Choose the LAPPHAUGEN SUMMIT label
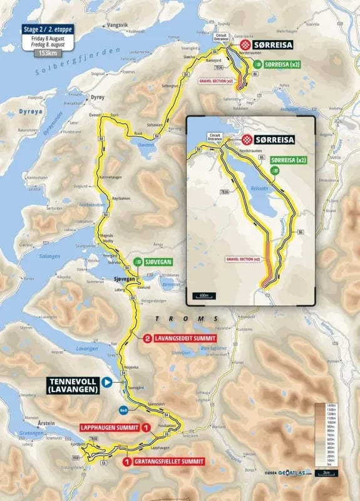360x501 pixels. [110, 428]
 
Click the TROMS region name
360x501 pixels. [192, 319]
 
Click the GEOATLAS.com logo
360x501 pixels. [290, 473]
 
